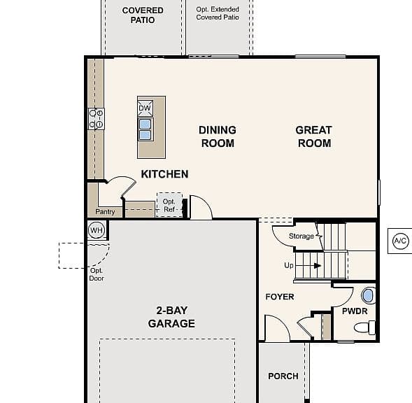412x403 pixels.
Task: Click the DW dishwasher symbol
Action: click(x=145, y=108)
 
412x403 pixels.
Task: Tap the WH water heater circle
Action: click(x=97, y=230)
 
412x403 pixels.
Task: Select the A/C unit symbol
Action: click(x=401, y=241)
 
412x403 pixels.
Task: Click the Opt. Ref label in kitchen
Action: click(x=169, y=205)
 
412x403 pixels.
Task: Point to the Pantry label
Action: click(x=105, y=211)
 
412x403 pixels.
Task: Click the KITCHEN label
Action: click(x=165, y=174)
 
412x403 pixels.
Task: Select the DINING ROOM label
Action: click(x=218, y=136)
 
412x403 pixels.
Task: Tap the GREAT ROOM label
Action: click(x=314, y=136)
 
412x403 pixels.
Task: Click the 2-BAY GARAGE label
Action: click(x=171, y=317)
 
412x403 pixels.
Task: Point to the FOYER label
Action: click(x=280, y=297)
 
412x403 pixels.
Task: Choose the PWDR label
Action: click(x=355, y=311)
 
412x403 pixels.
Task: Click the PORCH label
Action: click(x=283, y=376)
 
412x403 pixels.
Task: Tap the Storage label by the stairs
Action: click(x=301, y=236)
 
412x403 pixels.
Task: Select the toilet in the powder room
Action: click(x=364, y=327)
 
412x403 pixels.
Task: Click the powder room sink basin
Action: click(x=368, y=296)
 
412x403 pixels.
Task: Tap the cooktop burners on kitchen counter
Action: click(x=96, y=118)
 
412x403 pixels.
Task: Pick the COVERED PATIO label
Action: click(x=143, y=15)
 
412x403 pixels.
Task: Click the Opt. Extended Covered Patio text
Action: click(x=218, y=13)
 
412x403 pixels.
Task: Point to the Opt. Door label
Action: click(x=97, y=274)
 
